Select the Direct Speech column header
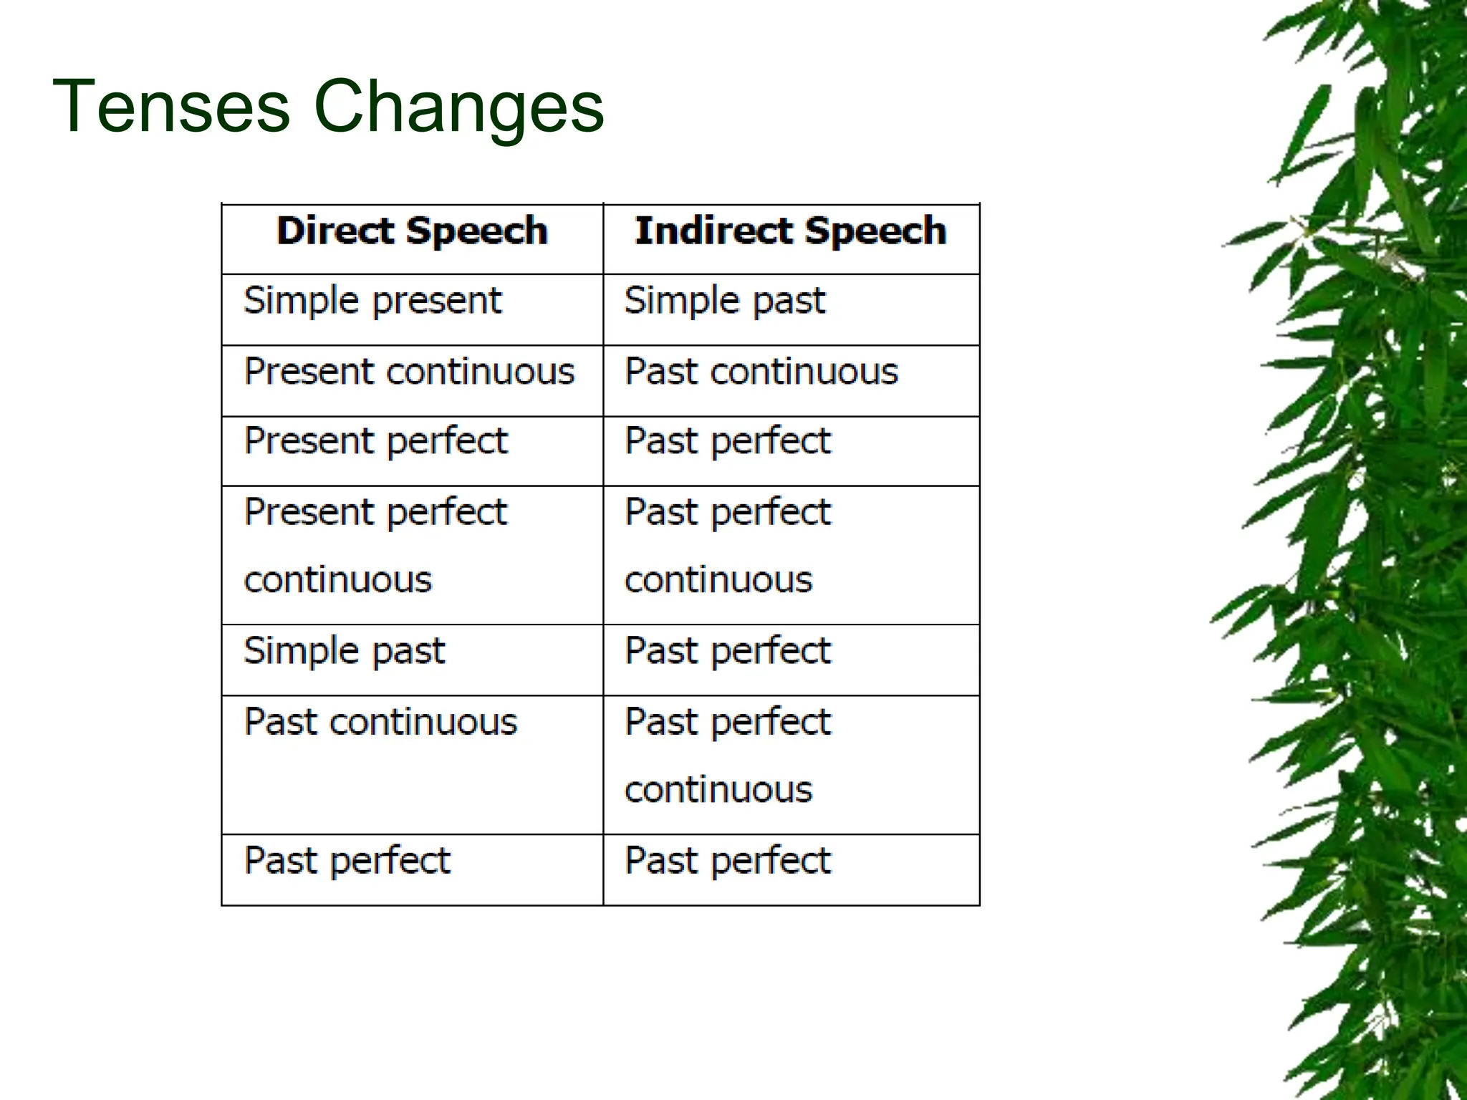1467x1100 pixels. click(x=412, y=231)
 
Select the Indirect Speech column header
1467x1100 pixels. click(x=791, y=231)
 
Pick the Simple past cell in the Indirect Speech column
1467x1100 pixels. click(x=725, y=301)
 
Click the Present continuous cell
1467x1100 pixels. click(x=409, y=372)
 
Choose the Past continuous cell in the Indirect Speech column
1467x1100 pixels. click(x=761, y=372)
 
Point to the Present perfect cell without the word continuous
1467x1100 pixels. click(x=376, y=442)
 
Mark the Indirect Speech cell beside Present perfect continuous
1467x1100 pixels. click(x=728, y=546)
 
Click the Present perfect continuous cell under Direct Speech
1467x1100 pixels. click(x=375, y=546)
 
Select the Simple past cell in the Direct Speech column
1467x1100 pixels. click(x=345, y=652)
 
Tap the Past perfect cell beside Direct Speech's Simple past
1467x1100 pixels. click(x=728, y=652)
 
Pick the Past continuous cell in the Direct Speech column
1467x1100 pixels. click(x=380, y=722)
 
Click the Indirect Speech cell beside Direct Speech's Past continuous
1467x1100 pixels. click(x=728, y=756)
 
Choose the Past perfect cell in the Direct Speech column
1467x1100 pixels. click(x=347, y=862)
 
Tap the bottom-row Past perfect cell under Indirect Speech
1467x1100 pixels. click(x=728, y=862)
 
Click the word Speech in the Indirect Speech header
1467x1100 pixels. click(x=875, y=231)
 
